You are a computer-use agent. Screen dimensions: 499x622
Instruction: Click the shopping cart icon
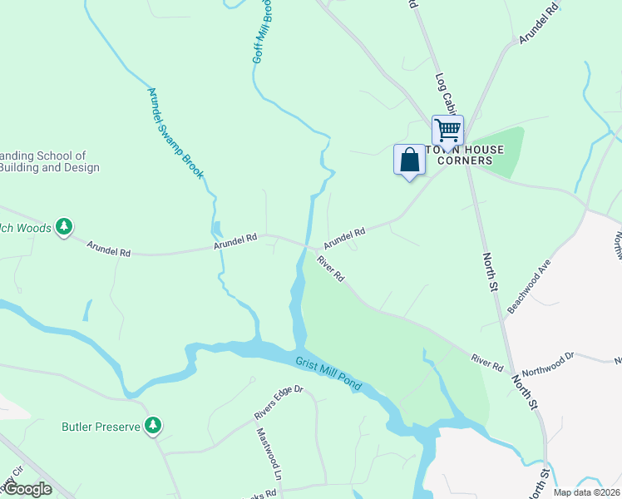pos(447,131)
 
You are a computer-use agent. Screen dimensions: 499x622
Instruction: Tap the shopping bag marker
pos(409,160)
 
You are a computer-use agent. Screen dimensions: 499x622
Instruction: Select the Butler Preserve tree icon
pos(152,427)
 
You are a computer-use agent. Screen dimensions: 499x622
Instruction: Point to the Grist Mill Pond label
pos(328,373)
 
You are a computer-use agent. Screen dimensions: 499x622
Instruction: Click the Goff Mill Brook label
pos(263,33)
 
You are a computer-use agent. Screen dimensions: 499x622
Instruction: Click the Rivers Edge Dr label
pos(279,402)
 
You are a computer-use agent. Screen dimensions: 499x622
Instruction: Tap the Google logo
pos(27,489)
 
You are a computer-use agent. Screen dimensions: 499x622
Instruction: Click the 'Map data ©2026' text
pos(586,492)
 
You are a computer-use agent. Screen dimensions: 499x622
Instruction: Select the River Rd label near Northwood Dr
pos(487,363)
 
